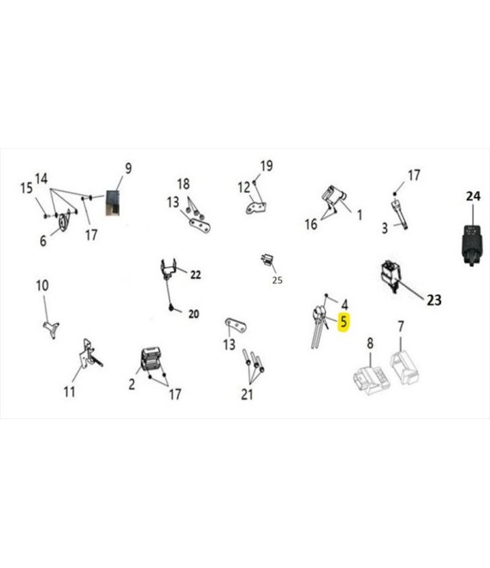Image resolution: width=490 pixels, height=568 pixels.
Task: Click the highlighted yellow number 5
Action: [344, 322]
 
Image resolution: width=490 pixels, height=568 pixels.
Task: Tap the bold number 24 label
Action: [473, 196]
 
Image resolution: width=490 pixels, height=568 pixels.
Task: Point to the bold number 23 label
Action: [434, 300]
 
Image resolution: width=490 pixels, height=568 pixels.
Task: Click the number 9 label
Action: [128, 168]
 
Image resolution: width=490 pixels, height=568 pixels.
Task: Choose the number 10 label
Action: [42, 286]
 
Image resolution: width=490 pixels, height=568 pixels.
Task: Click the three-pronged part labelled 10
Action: [52, 329]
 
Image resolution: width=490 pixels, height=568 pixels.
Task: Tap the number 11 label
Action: [70, 392]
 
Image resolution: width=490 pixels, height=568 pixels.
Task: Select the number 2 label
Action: [132, 384]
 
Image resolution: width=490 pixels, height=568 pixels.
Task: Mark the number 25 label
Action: [277, 280]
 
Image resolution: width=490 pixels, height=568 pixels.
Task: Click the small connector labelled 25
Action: [267, 260]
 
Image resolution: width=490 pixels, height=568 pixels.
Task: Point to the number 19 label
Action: [266, 166]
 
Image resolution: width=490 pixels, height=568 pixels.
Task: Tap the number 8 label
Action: [370, 343]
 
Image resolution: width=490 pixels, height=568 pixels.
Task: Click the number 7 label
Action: [401, 326]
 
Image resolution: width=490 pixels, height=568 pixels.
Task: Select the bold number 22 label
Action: [195, 275]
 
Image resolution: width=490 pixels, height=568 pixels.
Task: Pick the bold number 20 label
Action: [193, 314]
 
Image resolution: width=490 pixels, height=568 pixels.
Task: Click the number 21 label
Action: [247, 394]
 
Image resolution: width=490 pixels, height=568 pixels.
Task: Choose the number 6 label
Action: [43, 240]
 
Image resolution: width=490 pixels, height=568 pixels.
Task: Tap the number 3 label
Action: [384, 228]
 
